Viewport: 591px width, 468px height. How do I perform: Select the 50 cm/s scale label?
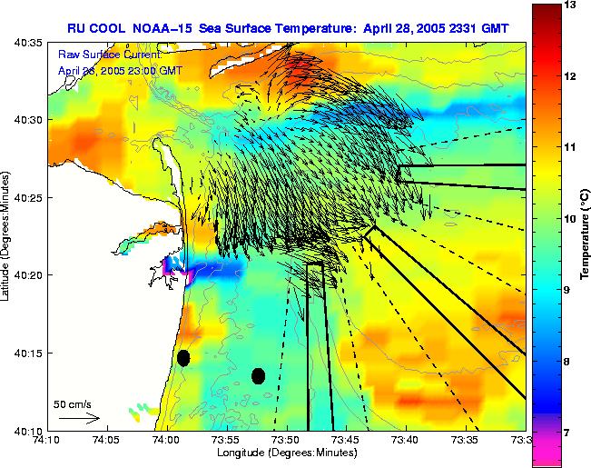[73, 403]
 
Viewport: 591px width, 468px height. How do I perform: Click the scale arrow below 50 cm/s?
[78, 419]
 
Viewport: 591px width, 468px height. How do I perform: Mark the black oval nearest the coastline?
[183, 358]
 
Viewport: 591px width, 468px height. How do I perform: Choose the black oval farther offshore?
[258, 375]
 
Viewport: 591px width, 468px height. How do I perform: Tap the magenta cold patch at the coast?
[171, 269]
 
